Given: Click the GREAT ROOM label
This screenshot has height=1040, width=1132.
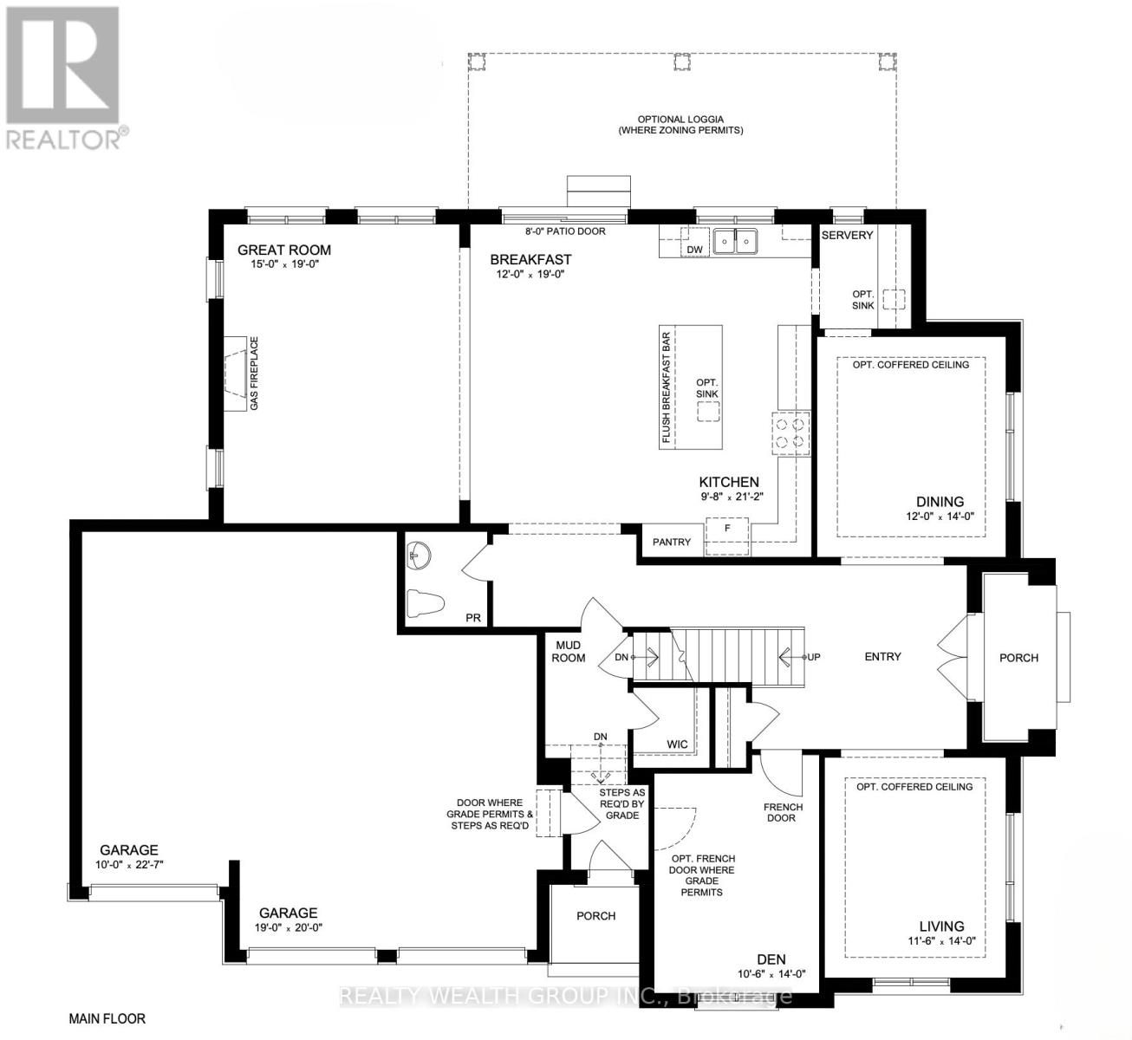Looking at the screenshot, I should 284,250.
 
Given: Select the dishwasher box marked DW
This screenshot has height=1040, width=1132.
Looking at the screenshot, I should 694,249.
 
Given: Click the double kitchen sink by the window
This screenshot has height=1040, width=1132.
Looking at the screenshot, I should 735,242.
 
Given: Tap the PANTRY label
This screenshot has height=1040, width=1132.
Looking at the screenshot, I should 672,543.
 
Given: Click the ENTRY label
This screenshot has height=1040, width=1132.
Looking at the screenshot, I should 882,657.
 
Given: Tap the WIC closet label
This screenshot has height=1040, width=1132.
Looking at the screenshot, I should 677,744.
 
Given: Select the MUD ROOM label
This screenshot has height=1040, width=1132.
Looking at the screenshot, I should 569,651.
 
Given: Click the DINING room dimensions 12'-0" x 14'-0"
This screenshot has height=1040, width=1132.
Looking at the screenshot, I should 940,517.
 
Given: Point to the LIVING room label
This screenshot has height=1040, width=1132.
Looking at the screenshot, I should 941,926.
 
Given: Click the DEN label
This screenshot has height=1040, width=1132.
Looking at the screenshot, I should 771,959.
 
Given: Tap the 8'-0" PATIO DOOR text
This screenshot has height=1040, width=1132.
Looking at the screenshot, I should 565,231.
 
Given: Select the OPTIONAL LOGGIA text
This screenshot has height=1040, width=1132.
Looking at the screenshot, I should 680,120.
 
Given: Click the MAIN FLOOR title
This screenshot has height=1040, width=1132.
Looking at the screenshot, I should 107,1018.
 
